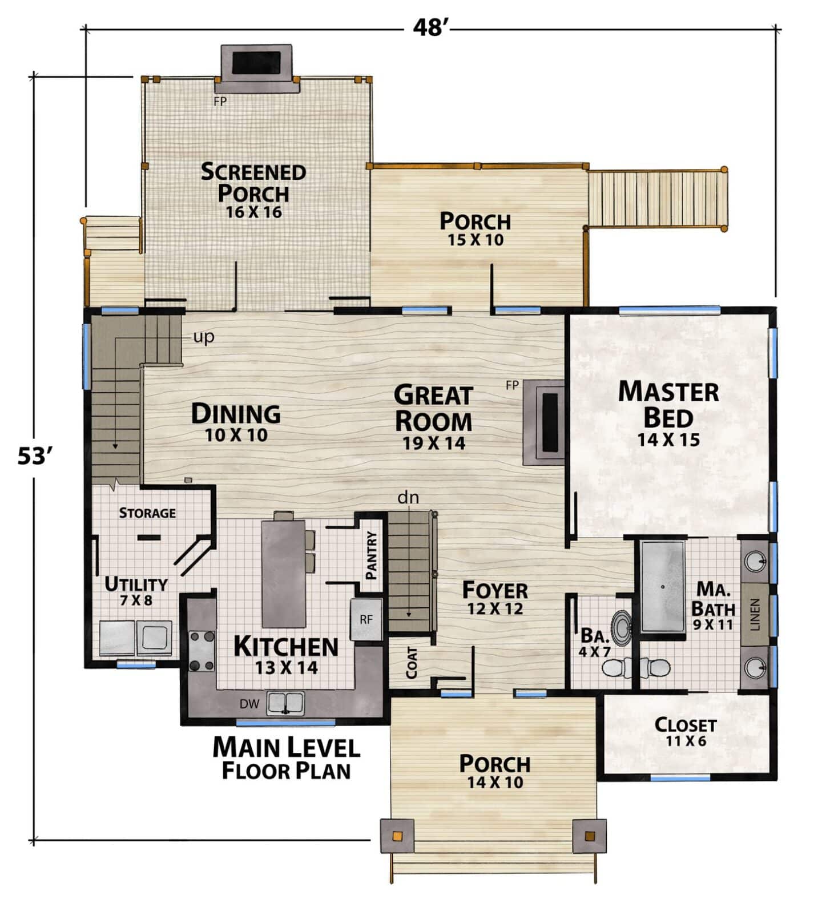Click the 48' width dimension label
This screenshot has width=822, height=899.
(429, 27)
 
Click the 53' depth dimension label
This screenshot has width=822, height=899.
(35, 456)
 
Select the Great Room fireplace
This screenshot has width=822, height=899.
(545, 423)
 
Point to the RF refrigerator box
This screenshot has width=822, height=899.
(366, 619)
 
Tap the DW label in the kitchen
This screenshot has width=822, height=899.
(249, 704)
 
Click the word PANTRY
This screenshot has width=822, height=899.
(372, 555)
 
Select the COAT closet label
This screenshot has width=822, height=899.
(411, 663)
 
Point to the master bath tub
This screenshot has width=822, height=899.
(662, 586)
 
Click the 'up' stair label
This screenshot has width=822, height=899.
(203, 337)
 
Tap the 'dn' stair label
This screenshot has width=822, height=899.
(408, 497)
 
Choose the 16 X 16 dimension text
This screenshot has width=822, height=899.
(254, 212)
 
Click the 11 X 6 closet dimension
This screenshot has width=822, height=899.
(686, 741)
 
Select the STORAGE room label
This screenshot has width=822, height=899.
(147, 513)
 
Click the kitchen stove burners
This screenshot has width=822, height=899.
(202, 650)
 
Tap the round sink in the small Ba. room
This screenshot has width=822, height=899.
(621, 626)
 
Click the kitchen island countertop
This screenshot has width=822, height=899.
(283, 573)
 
